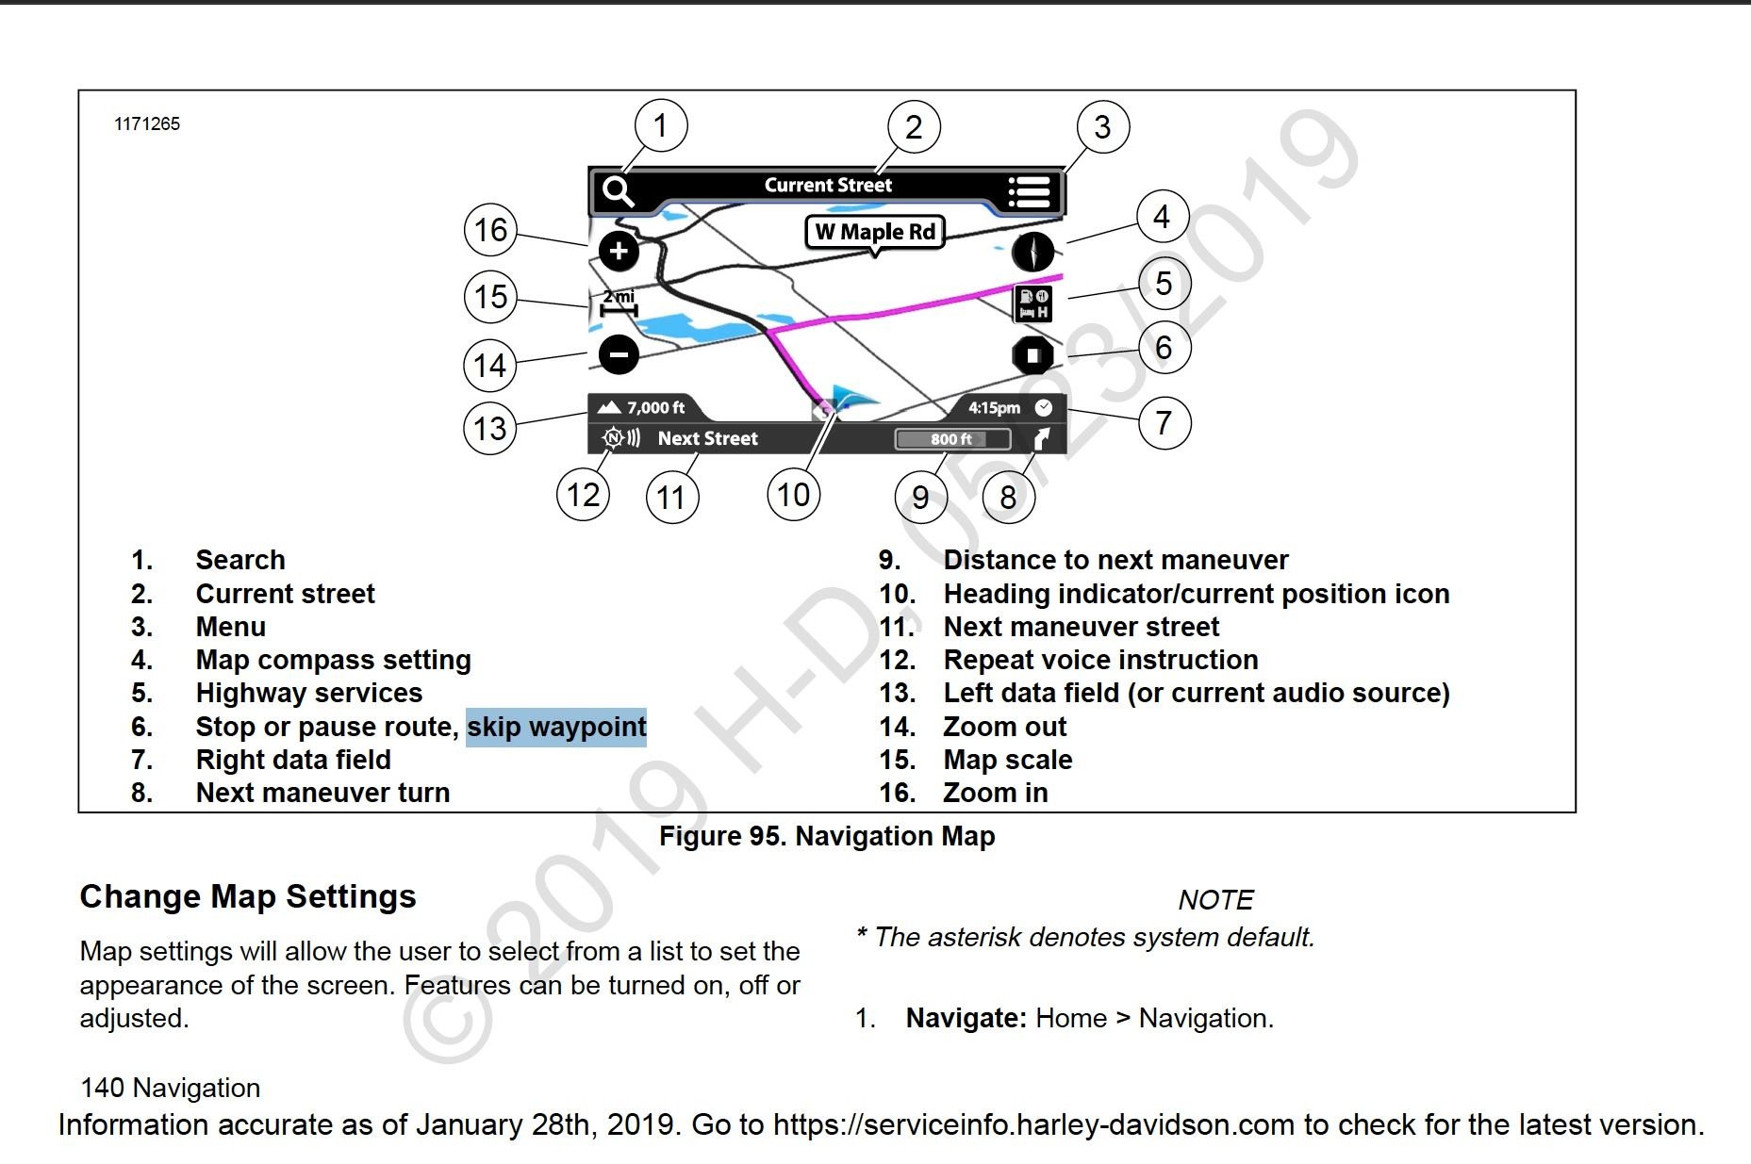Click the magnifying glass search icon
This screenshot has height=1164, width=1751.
pyautogui.click(x=618, y=191)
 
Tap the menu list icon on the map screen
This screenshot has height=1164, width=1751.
pyautogui.click(x=1028, y=191)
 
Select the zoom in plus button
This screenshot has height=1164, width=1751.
pyautogui.click(x=619, y=251)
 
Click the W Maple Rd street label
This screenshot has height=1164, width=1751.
pyautogui.click(x=875, y=232)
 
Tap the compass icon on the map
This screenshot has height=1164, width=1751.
pyautogui.click(x=1032, y=253)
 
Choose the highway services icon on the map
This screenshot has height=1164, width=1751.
pyautogui.click(x=1032, y=303)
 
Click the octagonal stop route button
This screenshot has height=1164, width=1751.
pyautogui.click(x=1032, y=355)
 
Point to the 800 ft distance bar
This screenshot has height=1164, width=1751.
pyautogui.click(x=951, y=439)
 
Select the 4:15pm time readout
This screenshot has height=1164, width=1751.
pyautogui.click(x=995, y=408)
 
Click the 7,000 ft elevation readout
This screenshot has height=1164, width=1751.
pyautogui.click(x=646, y=408)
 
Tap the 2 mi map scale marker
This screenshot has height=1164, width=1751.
pyautogui.click(x=619, y=303)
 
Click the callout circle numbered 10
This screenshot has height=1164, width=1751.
pyautogui.click(x=793, y=495)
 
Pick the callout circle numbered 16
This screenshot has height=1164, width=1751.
pyautogui.click(x=490, y=230)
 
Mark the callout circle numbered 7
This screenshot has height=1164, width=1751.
pyautogui.click(x=1164, y=423)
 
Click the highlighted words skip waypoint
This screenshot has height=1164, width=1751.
pyautogui.click(x=556, y=727)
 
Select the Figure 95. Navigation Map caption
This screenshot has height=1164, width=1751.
pyautogui.click(x=827, y=836)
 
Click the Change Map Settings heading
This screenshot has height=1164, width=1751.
pyautogui.click(x=248, y=896)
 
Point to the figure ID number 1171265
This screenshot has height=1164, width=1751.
pyautogui.click(x=147, y=124)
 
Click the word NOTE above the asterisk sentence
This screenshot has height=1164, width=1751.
pyautogui.click(x=1215, y=900)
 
